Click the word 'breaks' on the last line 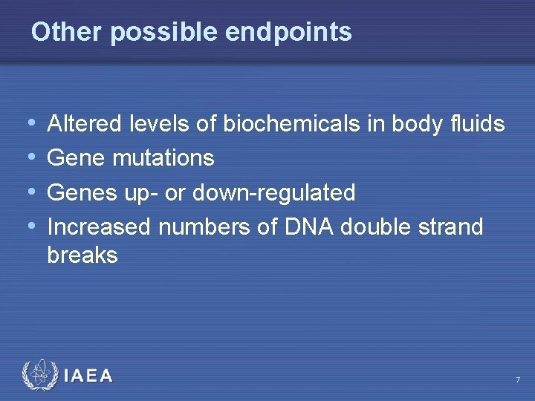82,255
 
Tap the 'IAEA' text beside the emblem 88,376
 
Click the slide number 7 518,380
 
